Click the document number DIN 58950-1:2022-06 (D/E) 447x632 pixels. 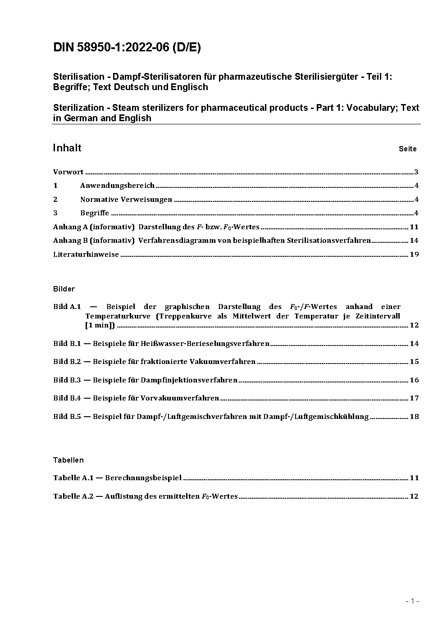127,47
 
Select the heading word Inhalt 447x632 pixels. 67,148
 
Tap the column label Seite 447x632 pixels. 407,149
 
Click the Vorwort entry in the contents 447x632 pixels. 68,172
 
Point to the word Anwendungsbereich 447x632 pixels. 117,186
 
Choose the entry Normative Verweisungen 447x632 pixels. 126,200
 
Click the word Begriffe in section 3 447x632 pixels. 95,213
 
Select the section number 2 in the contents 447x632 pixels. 55,200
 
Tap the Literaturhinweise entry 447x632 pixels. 86,255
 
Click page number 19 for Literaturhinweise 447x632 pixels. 414,255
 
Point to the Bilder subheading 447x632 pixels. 64,289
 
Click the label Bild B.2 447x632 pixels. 67,362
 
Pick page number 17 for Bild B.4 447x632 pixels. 414,398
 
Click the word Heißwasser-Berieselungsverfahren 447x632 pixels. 205,344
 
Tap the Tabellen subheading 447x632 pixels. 68,460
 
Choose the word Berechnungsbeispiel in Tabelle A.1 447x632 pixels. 143,478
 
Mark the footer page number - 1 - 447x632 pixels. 412,601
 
